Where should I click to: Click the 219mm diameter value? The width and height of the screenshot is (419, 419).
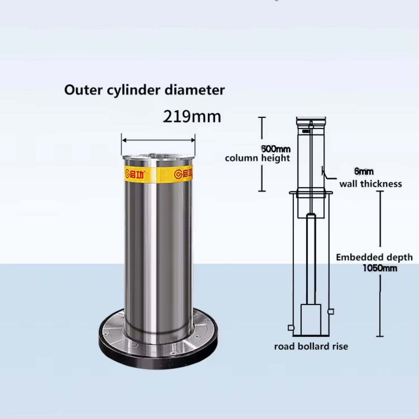(192, 116)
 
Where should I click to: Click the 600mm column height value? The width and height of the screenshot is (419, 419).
(276, 149)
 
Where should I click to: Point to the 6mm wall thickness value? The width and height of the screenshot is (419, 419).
(363, 171)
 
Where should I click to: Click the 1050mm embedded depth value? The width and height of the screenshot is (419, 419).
(380, 268)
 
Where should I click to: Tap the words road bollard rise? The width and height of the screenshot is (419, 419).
(311, 346)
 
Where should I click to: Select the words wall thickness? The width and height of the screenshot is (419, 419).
(370, 184)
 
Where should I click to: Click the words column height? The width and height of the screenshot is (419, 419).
(257, 158)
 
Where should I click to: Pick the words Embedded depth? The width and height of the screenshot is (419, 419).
(374, 257)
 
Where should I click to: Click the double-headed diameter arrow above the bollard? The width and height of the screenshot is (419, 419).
(158, 140)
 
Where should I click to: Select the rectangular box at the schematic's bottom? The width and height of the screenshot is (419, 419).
(311, 319)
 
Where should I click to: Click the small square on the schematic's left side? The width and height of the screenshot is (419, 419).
(290, 328)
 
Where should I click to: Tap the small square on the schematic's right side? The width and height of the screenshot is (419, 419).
(331, 311)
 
